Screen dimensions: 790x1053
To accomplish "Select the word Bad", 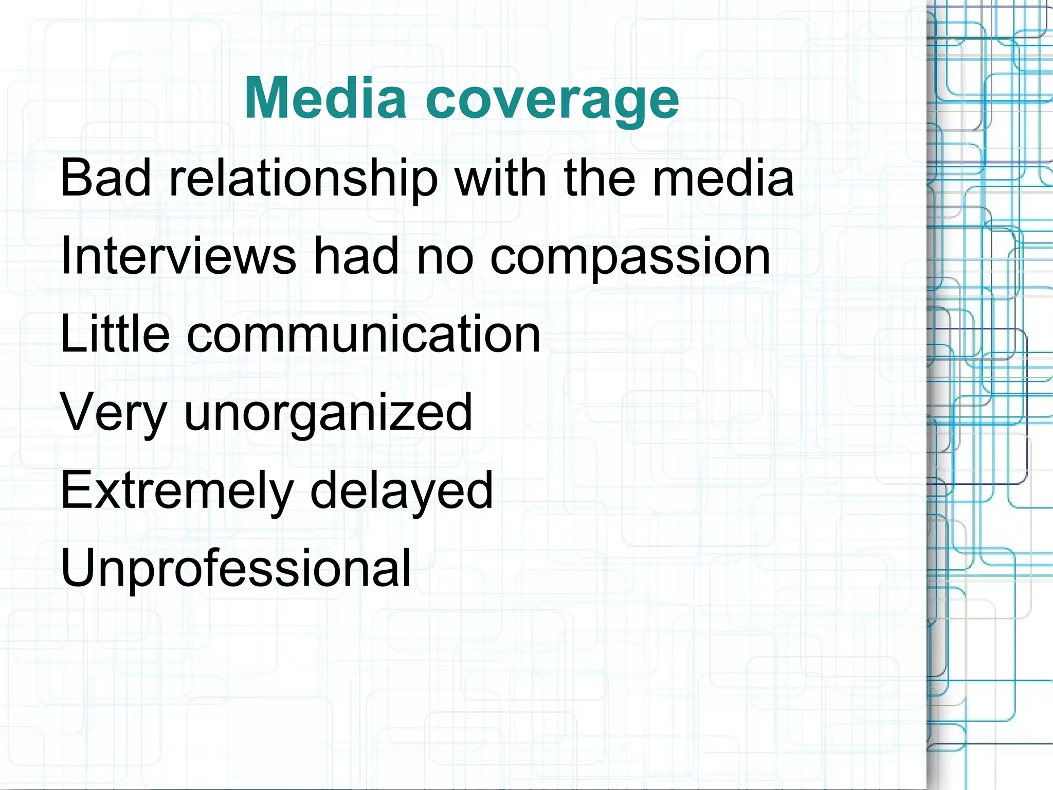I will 106,178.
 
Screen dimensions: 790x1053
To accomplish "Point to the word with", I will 501,178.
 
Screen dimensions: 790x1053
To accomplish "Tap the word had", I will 356,256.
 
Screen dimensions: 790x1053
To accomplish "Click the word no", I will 444,257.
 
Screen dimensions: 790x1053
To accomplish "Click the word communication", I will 364,334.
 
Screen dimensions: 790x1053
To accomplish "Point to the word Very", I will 114,413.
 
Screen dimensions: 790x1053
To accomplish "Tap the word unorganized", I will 328,414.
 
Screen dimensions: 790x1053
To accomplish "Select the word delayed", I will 401,492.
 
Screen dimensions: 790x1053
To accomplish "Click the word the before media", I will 599,178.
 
